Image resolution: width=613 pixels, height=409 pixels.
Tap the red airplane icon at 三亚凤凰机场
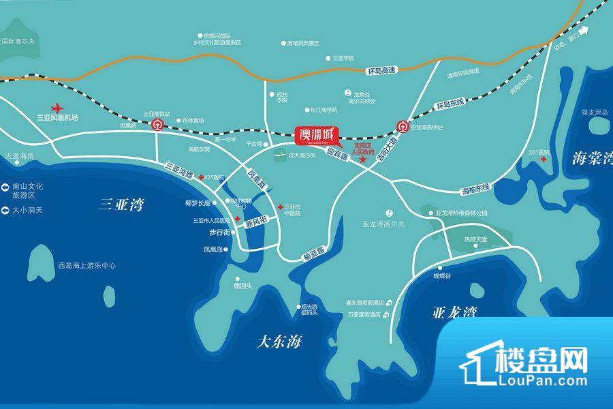point(57,108)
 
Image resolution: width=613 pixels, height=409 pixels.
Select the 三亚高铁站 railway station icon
point(157,125)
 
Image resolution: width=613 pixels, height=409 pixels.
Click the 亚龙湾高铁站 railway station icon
point(402,126)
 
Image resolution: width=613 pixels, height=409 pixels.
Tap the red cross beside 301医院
point(543,160)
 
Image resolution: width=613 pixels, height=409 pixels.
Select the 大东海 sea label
point(278,341)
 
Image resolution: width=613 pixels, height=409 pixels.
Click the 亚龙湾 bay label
point(454,313)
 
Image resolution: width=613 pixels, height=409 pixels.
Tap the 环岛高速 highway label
point(381,70)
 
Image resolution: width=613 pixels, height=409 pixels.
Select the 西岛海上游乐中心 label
point(87,266)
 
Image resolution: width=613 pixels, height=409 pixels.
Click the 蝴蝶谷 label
point(443,277)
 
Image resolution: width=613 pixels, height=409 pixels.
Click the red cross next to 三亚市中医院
point(281,206)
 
